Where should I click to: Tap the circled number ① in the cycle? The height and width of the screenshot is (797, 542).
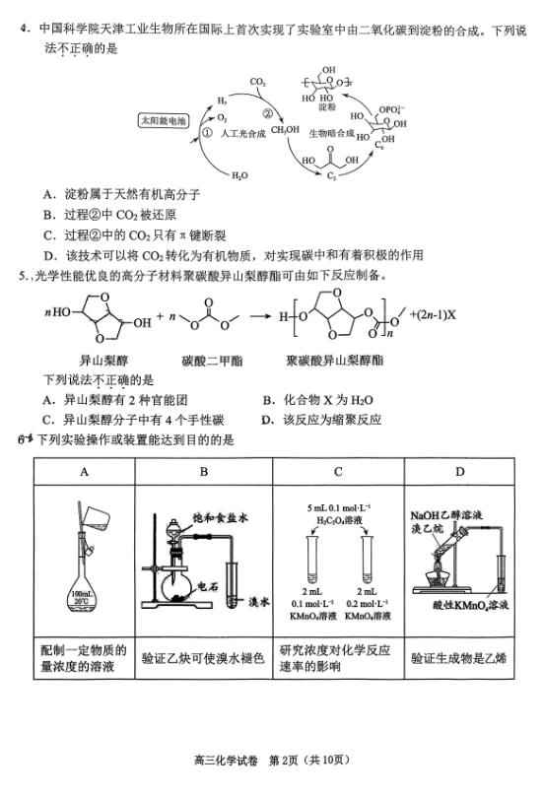coord(207,133)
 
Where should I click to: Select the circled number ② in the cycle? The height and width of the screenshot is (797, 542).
coord(267,114)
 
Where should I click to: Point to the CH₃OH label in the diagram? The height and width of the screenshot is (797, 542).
coord(285,130)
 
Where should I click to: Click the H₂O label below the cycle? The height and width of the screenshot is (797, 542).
coord(239,175)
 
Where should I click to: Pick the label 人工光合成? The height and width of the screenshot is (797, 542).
coord(242,134)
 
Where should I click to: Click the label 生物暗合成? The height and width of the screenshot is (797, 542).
coord(331,133)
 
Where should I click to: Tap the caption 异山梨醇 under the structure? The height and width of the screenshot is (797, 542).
coord(104,361)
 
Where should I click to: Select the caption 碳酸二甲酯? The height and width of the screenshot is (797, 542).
coord(213,361)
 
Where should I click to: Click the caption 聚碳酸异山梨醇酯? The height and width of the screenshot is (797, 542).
coord(334,361)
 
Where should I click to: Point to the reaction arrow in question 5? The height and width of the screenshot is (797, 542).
coord(260,316)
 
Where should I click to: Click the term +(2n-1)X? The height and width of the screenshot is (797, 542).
coord(433,314)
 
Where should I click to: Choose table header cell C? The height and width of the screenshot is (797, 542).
coord(338,472)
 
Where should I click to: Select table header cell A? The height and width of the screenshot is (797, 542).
coord(85,472)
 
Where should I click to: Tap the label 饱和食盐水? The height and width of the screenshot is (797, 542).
coord(220,518)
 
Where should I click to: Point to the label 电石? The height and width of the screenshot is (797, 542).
coord(208,586)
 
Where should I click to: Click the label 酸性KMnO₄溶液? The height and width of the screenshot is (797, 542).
coord(470,605)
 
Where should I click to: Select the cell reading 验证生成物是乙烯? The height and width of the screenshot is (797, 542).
coord(459,658)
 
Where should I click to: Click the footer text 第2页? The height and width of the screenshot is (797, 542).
coord(283,760)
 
